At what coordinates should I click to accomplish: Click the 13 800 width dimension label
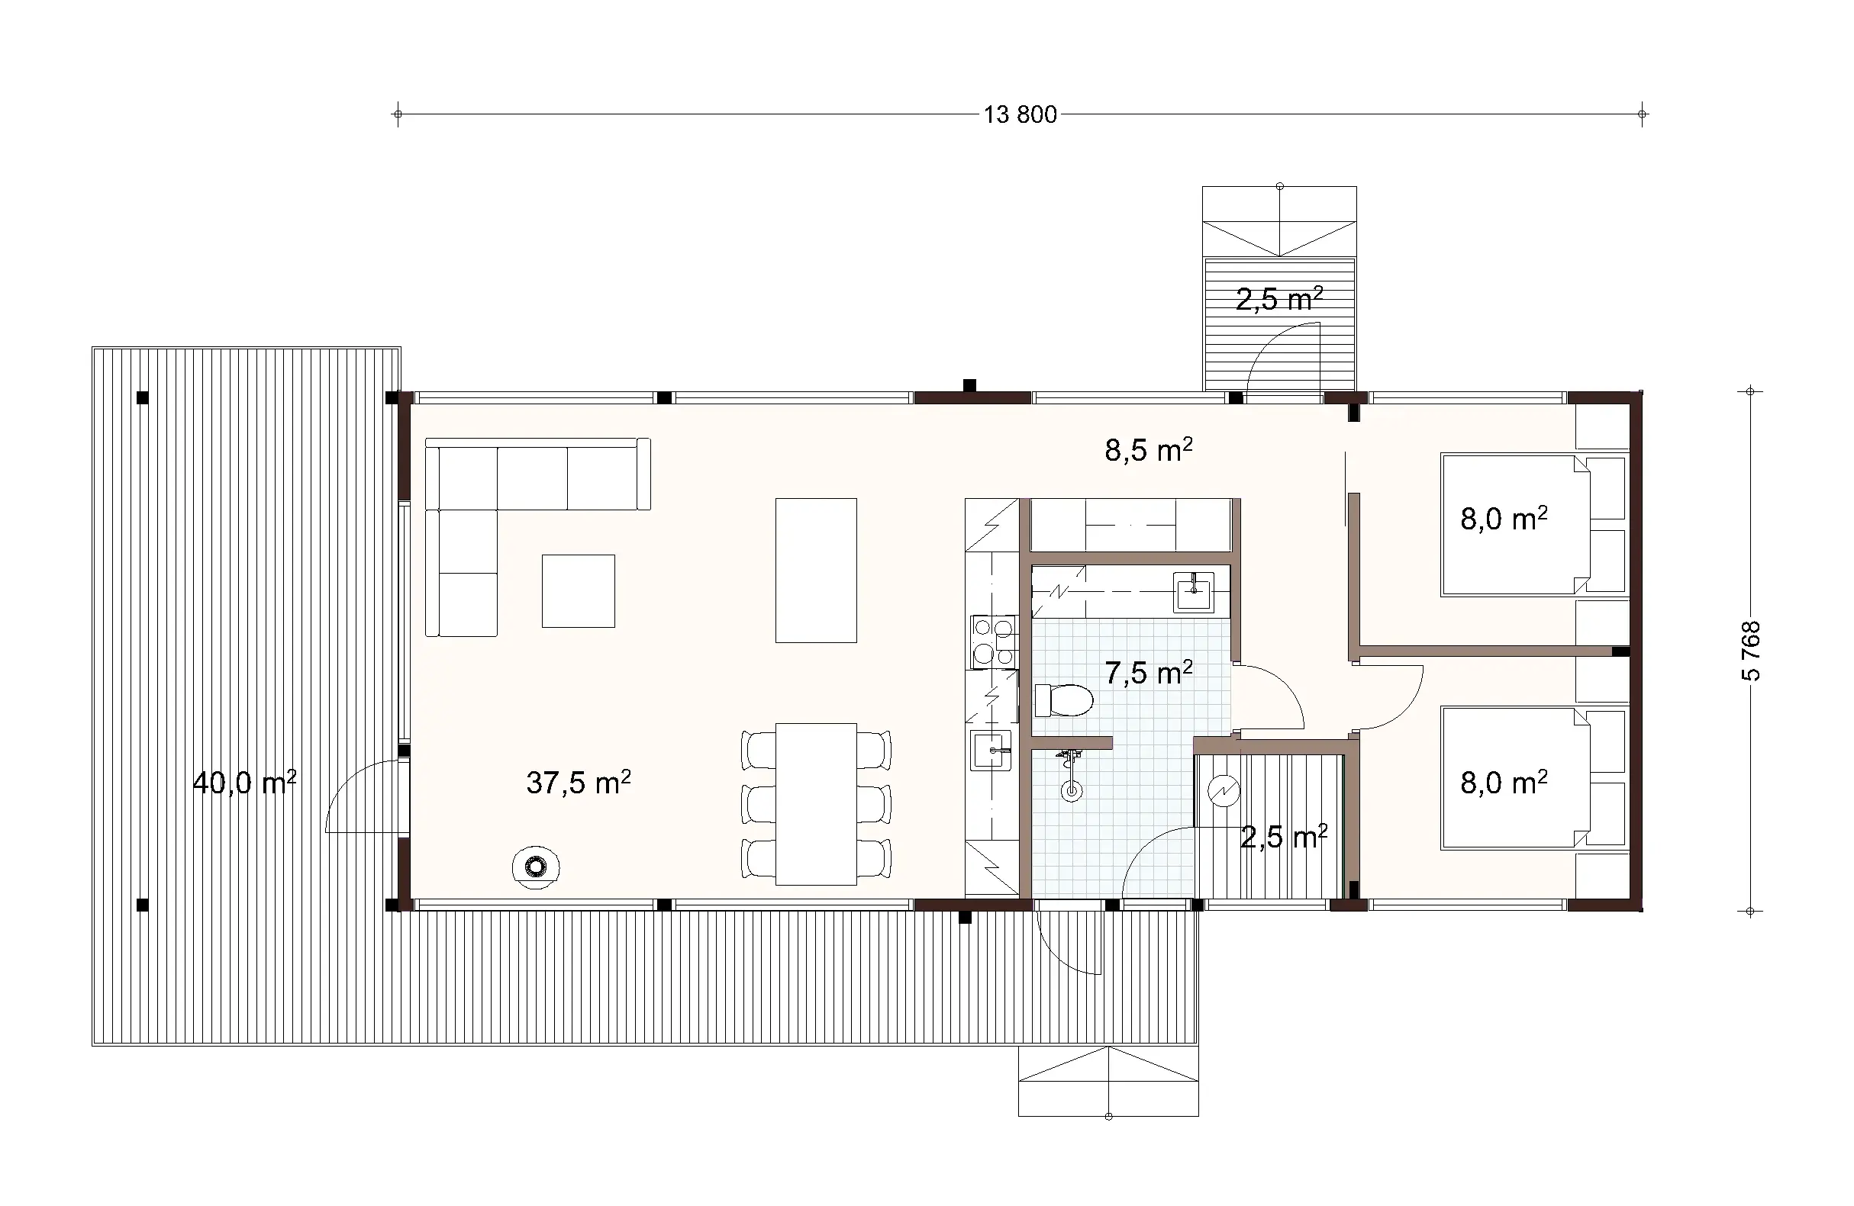(1020, 115)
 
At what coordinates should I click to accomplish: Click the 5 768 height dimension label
(1749, 651)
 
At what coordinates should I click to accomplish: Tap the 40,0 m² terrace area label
(243, 783)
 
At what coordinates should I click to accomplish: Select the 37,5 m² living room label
(578, 783)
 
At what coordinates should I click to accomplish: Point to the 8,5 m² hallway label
(1148, 450)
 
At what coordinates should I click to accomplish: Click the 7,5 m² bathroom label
(1148, 673)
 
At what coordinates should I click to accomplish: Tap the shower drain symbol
(1072, 792)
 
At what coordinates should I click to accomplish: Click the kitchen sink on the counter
(990, 750)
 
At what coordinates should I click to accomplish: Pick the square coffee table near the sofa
(578, 591)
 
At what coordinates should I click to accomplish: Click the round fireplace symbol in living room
(535, 866)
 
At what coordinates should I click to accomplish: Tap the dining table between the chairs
(816, 803)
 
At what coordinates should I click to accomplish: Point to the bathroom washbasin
(1194, 591)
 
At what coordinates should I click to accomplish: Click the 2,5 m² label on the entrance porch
(1279, 299)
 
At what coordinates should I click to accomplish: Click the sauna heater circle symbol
(1223, 791)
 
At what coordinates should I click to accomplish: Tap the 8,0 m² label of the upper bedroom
(1503, 519)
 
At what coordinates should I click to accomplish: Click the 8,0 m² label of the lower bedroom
(1503, 783)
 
